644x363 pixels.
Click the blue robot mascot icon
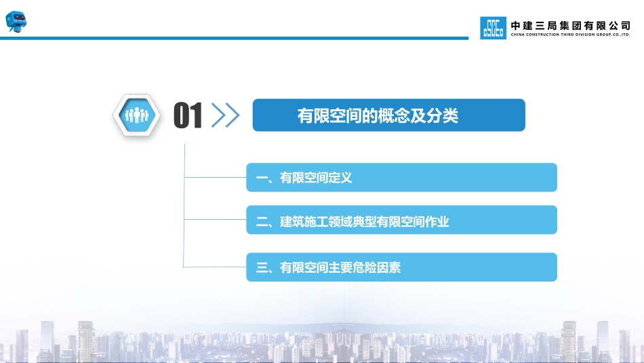tap(16, 22)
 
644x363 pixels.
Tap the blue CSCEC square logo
tap(493, 28)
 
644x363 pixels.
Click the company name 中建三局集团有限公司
tap(571, 26)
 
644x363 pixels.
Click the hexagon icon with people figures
tap(137, 115)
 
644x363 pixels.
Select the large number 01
tap(188, 115)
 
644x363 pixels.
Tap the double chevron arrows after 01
tap(225, 115)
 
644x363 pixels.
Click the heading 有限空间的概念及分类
tap(378, 115)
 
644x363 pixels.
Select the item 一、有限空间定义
tap(304, 178)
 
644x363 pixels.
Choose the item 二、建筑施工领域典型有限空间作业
tap(353, 222)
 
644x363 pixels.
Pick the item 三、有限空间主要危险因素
tap(328, 267)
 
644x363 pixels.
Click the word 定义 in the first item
tap(340, 178)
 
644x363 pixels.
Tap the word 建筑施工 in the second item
tap(304, 222)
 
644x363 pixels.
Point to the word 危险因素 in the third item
tap(377, 267)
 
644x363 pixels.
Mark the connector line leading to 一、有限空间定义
tap(215, 178)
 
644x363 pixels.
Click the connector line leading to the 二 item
tap(215, 220)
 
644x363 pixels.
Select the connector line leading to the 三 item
tap(214, 267)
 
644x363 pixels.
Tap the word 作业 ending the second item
tap(437, 222)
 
